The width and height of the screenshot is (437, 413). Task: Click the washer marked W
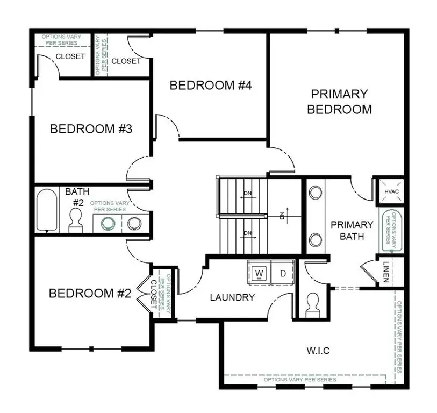(259, 273)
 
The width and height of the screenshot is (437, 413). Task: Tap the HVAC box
(389, 190)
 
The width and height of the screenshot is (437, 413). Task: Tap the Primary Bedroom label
(339, 102)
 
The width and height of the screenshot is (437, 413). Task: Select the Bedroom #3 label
(91, 129)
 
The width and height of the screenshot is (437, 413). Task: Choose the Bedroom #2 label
(90, 294)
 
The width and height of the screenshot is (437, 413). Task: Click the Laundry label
(232, 297)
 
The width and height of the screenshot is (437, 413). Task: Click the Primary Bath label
(352, 230)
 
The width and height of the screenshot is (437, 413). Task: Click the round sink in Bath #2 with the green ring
(109, 224)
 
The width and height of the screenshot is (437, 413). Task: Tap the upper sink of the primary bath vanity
(314, 193)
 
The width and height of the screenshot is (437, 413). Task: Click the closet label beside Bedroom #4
(126, 61)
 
